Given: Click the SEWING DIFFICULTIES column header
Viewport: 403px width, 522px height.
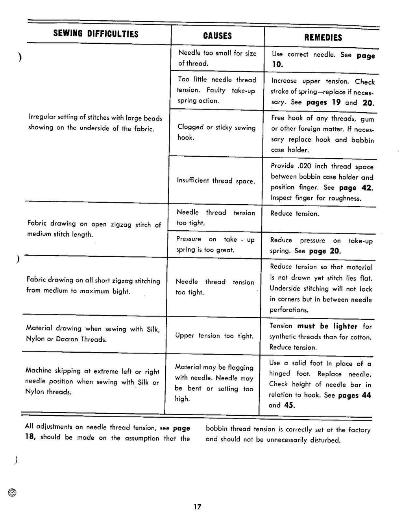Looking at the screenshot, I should point(96,34).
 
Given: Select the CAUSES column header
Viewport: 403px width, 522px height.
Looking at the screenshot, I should point(217,36).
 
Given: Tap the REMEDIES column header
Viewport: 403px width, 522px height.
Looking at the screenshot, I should point(323,38).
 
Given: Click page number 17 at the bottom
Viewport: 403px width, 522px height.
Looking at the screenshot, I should point(197,507).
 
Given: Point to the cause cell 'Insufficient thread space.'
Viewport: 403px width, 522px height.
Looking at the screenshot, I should point(216,181).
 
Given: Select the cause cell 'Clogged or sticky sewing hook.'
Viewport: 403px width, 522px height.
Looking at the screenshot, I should point(216,132).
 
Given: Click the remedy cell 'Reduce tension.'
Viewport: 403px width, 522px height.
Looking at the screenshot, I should point(294,213).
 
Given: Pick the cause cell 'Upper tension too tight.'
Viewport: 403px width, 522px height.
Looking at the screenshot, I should point(214,336).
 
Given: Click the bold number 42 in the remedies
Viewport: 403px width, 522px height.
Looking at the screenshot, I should point(366,188).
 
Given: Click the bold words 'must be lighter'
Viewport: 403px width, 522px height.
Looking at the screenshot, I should point(327,326).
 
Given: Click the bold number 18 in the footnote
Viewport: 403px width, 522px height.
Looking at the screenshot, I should point(30,437).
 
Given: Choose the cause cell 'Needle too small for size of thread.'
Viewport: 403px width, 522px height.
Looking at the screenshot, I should point(217,58).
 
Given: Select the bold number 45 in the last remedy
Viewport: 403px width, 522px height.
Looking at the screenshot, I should point(289,405).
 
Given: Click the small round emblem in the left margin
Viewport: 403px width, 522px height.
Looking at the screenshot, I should point(12,492).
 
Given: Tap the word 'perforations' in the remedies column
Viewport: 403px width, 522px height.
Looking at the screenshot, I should point(288,310).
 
